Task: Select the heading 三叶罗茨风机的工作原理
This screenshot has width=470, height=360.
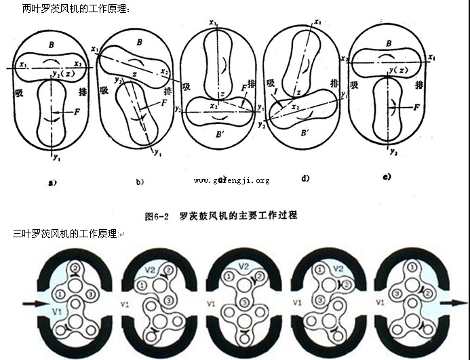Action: (x=65, y=234)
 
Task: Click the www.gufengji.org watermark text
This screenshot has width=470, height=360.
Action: (x=231, y=180)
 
